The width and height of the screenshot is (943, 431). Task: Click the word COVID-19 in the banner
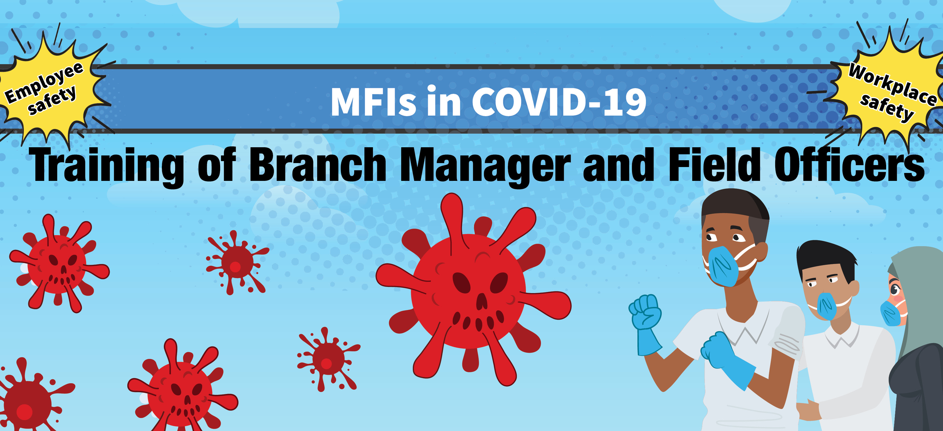[x=559, y=102]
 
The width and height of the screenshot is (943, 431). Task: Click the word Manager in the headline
[x=486, y=166]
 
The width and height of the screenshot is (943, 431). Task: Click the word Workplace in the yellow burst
[x=892, y=84]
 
